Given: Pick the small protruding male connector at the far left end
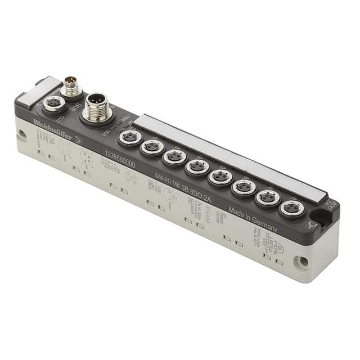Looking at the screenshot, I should (x=70, y=87).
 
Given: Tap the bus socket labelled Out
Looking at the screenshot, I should (x=53, y=103).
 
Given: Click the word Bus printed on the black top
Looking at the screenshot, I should (x=76, y=106).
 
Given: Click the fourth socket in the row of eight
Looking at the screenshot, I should (x=197, y=166).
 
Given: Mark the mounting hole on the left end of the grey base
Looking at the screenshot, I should (x=22, y=134).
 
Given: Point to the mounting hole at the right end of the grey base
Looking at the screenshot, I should (x=303, y=262).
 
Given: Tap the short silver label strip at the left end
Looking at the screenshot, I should (x=38, y=92).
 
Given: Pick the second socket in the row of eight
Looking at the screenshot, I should (x=152, y=147).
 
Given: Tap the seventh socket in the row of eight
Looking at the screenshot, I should (x=267, y=197).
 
